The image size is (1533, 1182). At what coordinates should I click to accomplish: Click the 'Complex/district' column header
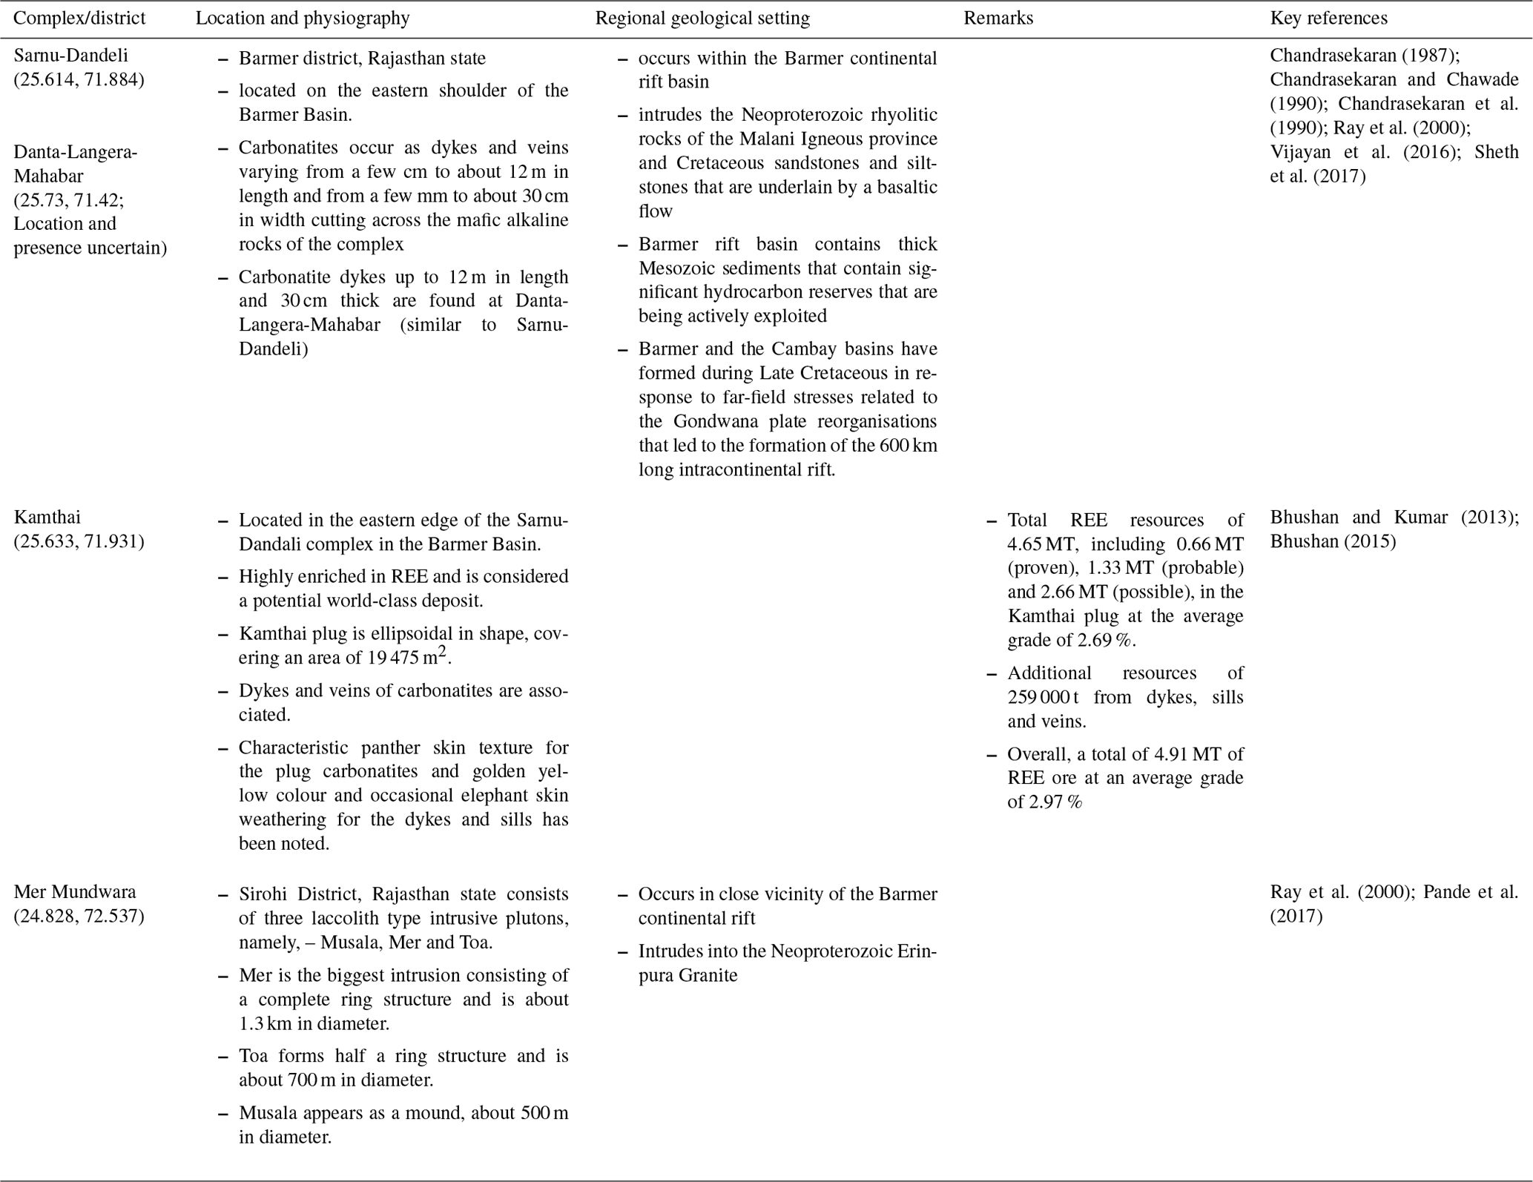(x=79, y=19)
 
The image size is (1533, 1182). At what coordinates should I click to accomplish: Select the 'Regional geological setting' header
(x=702, y=19)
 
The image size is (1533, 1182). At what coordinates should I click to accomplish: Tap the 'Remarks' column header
(x=998, y=19)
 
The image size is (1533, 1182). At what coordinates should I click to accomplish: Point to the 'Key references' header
(x=1328, y=19)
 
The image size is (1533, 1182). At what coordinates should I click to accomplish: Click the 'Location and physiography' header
(x=303, y=19)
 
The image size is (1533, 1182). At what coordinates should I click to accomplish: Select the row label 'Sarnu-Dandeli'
(x=71, y=56)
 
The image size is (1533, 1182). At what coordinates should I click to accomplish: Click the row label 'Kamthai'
(x=47, y=517)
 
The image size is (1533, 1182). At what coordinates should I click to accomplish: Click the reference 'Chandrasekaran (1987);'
(x=1365, y=56)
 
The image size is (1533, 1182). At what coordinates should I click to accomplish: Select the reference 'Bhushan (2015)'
(x=1333, y=541)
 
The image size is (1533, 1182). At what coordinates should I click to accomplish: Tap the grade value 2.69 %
(x=1107, y=640)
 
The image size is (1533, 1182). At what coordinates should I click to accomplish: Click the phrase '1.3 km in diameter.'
(x=314, y=1023)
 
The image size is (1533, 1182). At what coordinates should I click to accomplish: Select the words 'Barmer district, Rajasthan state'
(x=362, y=59)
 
